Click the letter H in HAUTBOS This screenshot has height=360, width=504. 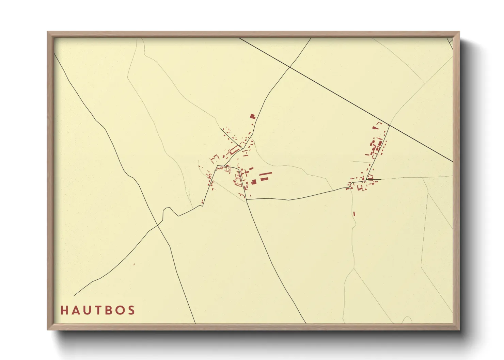pyautogui.click(x=64, y=310)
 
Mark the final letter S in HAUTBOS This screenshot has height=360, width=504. pyautogui.click(x=131, y=310)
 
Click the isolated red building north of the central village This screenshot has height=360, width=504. pyautogui.click(x=252, y=116)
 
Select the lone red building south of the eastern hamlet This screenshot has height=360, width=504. pyautogui.click(x=354, y=214)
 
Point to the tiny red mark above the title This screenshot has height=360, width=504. pyautogui.click(x=134, y=264)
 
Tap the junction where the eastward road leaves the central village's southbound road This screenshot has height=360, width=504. pyautogui.click(x=247, y=199)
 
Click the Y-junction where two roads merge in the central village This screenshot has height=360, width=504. pyautogui.click(x=241, y=148)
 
